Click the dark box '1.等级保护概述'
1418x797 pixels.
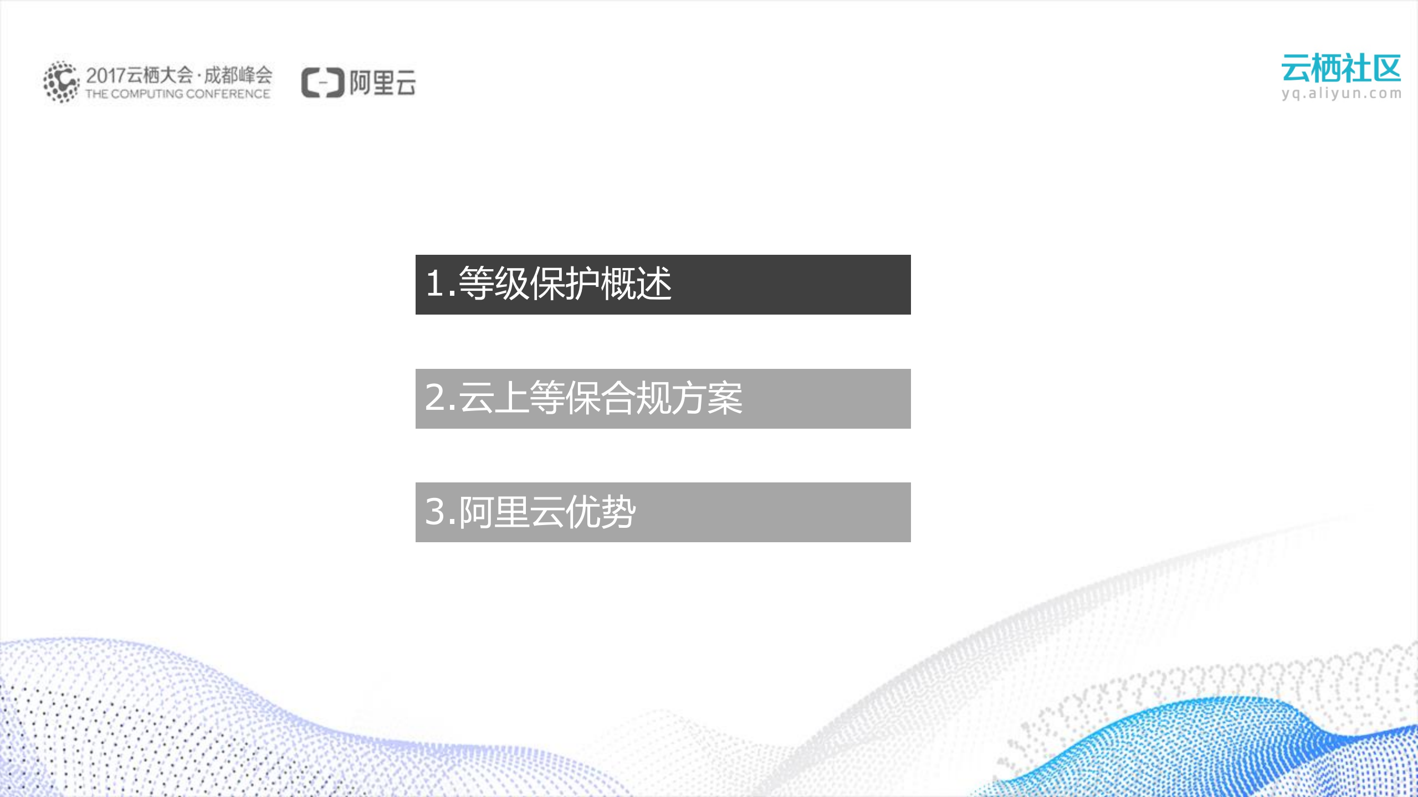[663, 284]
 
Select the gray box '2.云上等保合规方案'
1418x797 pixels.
[663, 398]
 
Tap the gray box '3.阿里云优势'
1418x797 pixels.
[663, 512]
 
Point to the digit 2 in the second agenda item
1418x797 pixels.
[435, 397]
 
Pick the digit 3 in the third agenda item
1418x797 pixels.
[435, 511]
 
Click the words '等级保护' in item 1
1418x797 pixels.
[529, 284]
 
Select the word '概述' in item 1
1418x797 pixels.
[636, 284]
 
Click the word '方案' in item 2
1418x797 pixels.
[707, 398]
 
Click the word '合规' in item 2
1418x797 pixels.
[636, 398]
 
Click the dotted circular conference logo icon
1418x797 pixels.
[61, 82]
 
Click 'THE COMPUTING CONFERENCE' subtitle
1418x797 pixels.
[177, 94]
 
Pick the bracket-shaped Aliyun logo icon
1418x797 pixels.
[322, 83]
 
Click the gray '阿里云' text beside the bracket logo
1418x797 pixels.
[382, 83]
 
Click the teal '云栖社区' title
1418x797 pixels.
[1341, 69]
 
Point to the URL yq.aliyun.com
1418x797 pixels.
[1341, 93]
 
